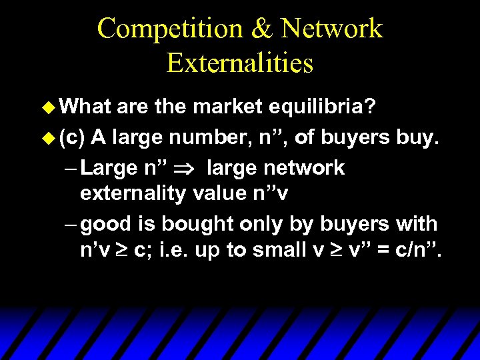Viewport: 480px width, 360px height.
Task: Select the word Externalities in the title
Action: [240, 63]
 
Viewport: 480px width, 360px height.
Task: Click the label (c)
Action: [71, 137]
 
